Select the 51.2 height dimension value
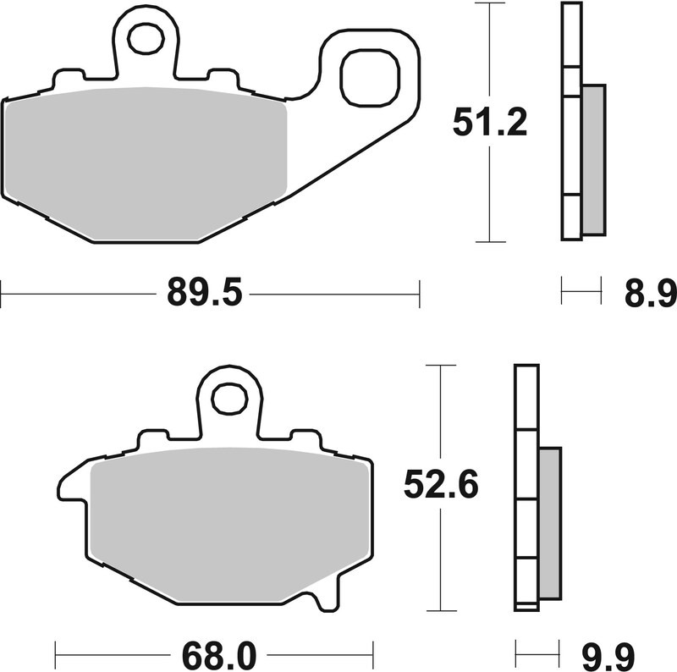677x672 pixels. click(490, 123)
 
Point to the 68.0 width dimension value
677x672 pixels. click(213, 654)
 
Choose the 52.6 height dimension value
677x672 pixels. click(441, 485)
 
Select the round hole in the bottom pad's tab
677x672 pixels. click(228, 399)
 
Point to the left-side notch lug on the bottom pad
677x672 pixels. click(69, 487)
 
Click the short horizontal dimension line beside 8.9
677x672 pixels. click(581, 295)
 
